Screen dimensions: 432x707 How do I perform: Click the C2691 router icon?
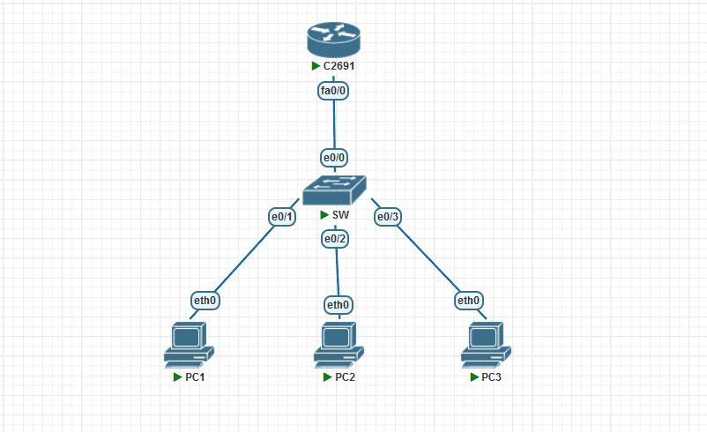(334, 39)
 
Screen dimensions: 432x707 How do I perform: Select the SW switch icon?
(334, 190)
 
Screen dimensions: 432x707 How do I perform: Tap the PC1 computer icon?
(188, 345)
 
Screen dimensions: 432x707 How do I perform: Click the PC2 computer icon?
(338, 345)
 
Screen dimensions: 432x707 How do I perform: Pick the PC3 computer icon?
(485, 345)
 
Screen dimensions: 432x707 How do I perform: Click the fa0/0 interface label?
(334, 89)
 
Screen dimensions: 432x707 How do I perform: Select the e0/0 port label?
(334, 157)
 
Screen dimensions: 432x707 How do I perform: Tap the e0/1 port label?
(282, 216)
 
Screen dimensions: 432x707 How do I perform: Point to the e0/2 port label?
(336, 238)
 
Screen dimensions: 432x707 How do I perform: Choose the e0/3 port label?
(388, 216)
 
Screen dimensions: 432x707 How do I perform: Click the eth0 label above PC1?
(205, 301)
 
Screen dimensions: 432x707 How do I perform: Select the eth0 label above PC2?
(338, 305)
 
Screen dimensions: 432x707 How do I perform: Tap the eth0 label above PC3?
(468, 301)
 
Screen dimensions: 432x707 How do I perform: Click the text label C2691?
(339, 66)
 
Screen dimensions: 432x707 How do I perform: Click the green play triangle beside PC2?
(327, 377)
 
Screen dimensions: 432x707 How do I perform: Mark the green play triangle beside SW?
(324, 215)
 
